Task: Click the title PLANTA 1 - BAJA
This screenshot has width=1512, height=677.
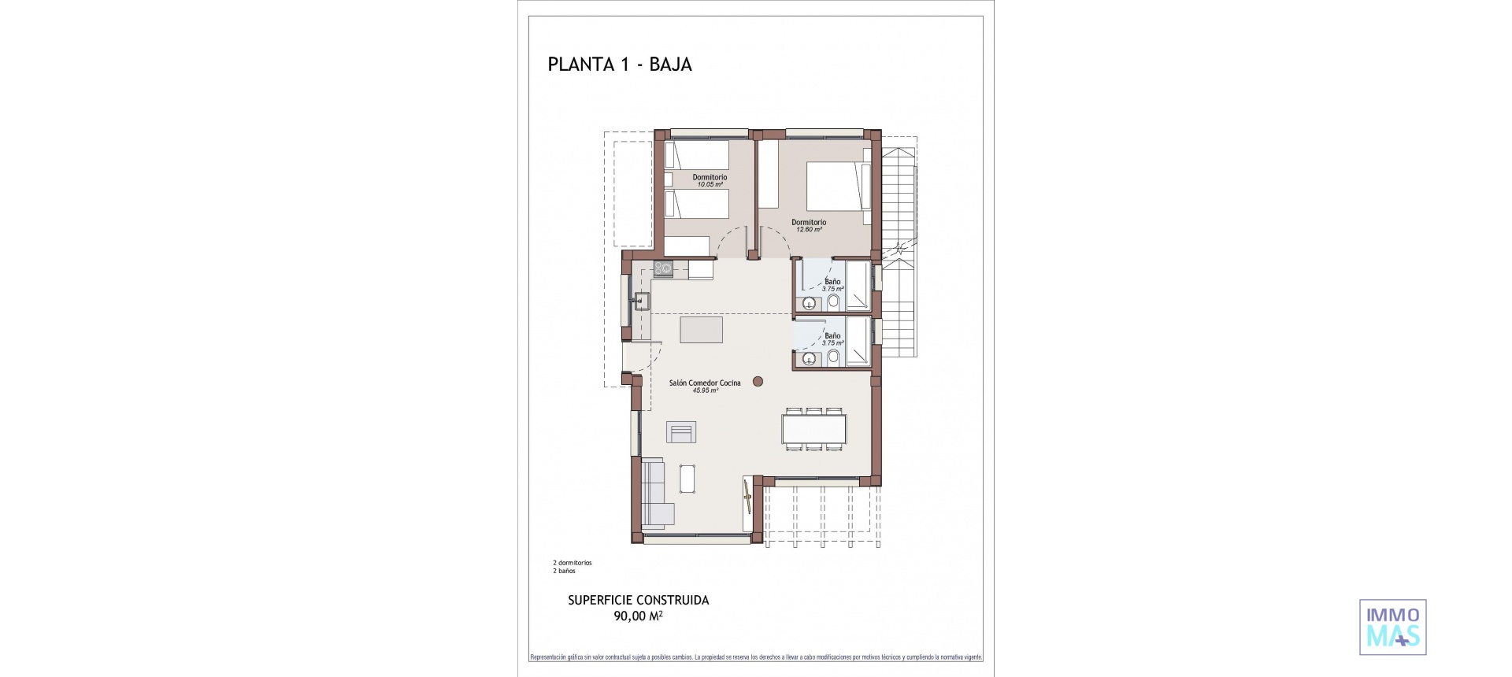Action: [620, 65]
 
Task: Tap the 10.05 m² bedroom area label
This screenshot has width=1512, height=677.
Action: [710, 185]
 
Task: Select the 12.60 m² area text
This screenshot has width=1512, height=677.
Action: [809, 230]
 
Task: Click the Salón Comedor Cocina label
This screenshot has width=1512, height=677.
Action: [705, 383]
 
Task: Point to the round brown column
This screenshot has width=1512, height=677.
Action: [758, 382]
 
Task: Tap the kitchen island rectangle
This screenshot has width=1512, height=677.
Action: [702, 329]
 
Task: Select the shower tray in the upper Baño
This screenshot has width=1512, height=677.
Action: [858, 287]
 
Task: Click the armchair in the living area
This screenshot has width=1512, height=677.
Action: [130, 432]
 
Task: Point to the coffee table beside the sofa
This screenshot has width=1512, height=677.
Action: [687, 478]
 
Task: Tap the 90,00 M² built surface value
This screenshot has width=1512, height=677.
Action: [638, 616]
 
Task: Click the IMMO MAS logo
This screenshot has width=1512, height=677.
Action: [1392, 627]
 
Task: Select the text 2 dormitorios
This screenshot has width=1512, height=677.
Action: [573, 563]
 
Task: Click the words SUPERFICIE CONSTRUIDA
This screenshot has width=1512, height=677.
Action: [638, 600]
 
